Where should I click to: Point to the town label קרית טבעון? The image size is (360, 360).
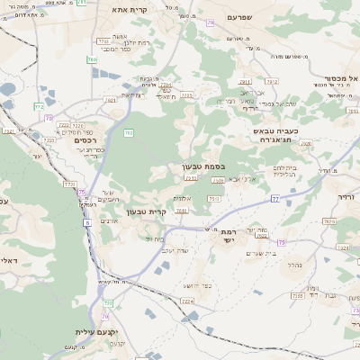tap(147, 211)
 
